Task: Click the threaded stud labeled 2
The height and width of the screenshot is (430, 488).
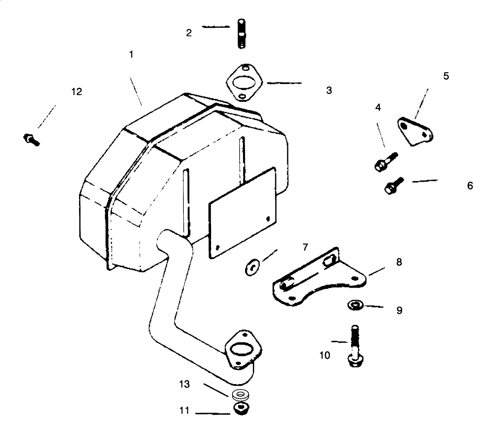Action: (241, 34)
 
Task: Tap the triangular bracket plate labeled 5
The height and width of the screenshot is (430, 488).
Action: (415, 131)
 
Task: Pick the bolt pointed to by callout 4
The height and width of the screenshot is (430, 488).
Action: (386, 161)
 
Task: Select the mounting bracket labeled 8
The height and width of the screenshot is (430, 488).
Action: (319, 276)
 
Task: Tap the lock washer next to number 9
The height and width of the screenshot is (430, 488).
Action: (356, 305)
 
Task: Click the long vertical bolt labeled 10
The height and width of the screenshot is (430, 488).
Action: (355, 346)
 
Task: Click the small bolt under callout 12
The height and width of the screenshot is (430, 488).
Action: (31, 140)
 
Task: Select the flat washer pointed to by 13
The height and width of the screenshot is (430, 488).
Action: (240, 395)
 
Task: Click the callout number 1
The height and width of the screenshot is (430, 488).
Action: (131, 55)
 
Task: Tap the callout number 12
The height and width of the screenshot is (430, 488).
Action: (77, 92)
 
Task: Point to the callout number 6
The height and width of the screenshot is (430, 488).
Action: (470, 186)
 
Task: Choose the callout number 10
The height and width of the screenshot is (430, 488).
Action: (325, 356)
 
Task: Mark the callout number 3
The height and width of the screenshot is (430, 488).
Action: (329, 91)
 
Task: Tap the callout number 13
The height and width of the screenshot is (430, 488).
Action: (184, 384)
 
